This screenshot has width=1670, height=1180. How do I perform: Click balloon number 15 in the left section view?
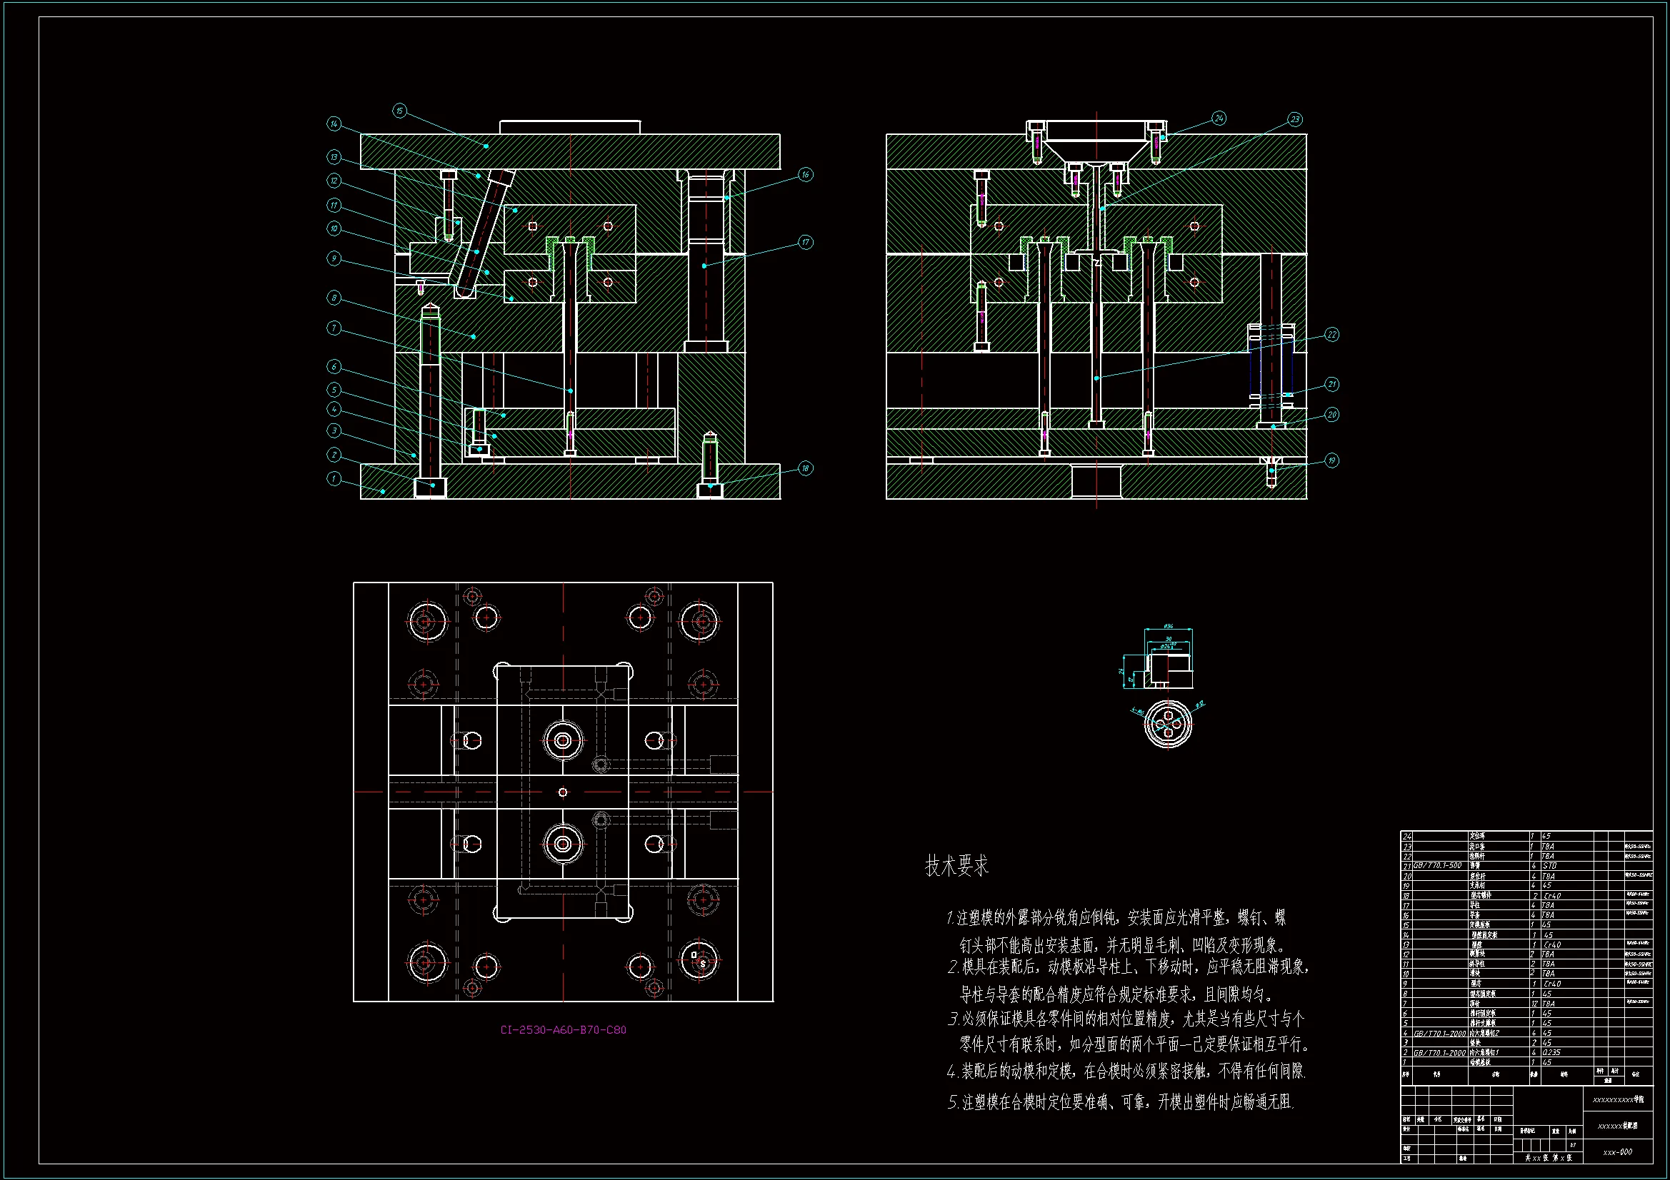pyautogui.click(x=399, y=111)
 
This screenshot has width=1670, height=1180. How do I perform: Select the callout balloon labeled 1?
pyautogui.click(x=334, y=478)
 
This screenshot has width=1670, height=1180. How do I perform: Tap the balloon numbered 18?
pyautogui.click(x=805, y=468)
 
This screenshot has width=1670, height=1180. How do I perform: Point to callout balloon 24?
pyautogui.click(x=1219, y=118)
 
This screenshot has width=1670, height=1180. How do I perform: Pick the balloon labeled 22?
pyautogui.click(x=1331, y=335)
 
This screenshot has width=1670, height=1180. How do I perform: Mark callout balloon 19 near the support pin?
pyautogui.click(x=1331, y=460)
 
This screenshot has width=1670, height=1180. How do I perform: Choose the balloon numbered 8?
pyautogui.click(x=334, y=298)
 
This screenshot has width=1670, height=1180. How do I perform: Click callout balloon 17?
pyautogui.click(x=805, y=242)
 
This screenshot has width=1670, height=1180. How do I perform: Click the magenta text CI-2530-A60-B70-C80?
pyautogui.click(x=563, y=1029)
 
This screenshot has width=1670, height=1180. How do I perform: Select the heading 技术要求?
pyautogui.click(x=956, y=866)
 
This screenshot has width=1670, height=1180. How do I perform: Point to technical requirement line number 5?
pyautogui.click(x=1120, y=1102)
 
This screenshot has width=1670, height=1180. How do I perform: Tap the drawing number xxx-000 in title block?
pyautogui.click(x=1617, y=1151)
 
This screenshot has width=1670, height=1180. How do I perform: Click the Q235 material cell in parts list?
pyautogui.click(x=1551, y=1052)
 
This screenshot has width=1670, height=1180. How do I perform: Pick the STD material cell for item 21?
pyautogui.click(x=1549, y=866)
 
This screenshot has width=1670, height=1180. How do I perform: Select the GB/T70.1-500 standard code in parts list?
pyautogui.click(x=1437, y=866)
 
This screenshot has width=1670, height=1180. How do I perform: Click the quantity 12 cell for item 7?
pyautogui.click(x=1533, y=1004)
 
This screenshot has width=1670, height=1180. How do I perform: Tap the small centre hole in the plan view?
pyautogui.click(x=562, y=792)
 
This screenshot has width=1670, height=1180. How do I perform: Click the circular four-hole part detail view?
pyautogui.click(x=1168, y=724)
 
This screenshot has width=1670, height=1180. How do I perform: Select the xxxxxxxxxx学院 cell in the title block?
pyautogui.click(x=1618, y=1099)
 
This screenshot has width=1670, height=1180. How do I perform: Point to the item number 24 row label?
pyautogui.click(x=1407, y=837)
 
